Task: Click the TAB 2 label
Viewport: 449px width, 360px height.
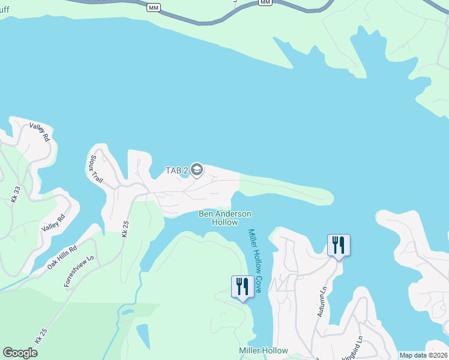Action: (x=177, y=170)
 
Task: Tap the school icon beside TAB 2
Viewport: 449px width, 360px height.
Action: (x=196, y=170)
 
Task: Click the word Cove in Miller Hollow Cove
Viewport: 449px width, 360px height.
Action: (x=258, y=284)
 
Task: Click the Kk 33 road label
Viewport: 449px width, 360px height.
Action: (x=16, y=194)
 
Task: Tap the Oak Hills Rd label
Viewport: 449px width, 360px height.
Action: (x=62, y=257)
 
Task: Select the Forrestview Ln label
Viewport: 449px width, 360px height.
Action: (x=80, y=271)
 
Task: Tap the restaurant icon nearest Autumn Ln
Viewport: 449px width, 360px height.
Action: (x=339, y=245)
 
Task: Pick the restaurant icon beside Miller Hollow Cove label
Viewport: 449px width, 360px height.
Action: (x=243, y=286)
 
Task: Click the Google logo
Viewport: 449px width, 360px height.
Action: (x=20, y=353)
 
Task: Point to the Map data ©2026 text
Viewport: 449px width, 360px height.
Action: (x=423, y=355)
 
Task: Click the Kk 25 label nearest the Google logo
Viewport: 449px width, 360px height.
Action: (x=41, y=337)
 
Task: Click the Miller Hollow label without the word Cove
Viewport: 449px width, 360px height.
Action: (x=263, y=350)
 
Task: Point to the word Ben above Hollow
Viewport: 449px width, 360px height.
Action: (x=206, y=214)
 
